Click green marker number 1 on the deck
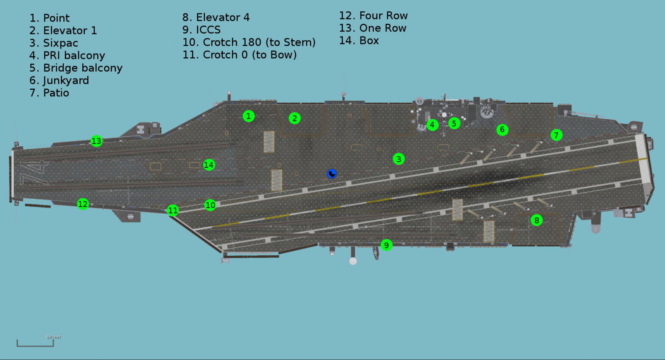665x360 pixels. click(249, 116)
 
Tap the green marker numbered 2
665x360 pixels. click(295, 118)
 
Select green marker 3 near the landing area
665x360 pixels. click(399, 159)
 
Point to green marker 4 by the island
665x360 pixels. click(432, 125)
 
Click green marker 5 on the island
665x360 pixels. click(454, 123)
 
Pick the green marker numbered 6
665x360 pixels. click(502, 130)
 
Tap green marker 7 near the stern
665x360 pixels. click(556, 135)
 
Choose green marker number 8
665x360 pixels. click(537, 220)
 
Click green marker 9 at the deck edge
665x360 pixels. click(387, 245)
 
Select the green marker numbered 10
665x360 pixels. click(210, 205)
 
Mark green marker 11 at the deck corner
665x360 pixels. click(173, 210)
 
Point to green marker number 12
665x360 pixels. click(83, 204)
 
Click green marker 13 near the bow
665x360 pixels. click(96, 141)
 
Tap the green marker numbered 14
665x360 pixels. click(209, 165)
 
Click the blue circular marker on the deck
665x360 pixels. click(332, 174)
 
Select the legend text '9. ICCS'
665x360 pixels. click(202, 30)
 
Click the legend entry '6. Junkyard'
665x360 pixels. click(59, 80)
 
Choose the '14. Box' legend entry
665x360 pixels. click(359, 41)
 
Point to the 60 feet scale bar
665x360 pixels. click(35, 343)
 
